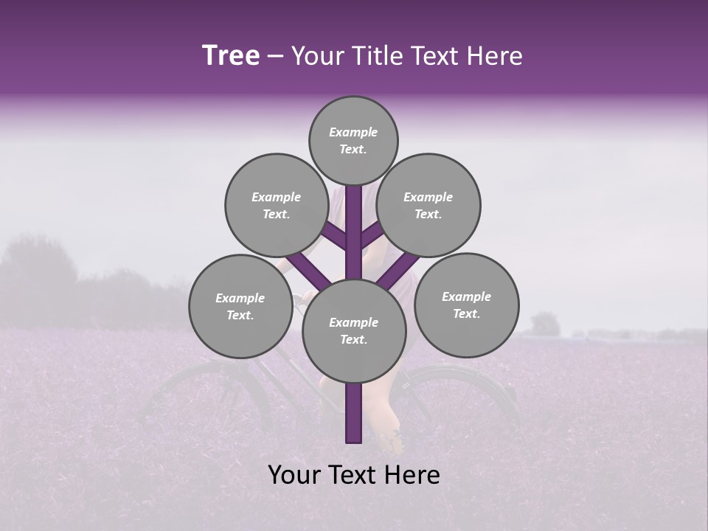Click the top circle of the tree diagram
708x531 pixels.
[353, 140]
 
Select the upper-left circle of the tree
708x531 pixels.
[276, 205]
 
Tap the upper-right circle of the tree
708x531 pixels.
[428, 205]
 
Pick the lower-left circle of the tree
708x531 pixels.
[240, 306]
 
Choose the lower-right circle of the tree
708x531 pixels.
[466, 305]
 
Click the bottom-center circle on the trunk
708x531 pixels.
[354, 330]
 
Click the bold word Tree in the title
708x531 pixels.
[231, 55]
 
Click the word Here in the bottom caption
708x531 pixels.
[413, 475]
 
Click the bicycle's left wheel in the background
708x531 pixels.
[206, 398]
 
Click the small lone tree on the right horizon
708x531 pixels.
[545, 324]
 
